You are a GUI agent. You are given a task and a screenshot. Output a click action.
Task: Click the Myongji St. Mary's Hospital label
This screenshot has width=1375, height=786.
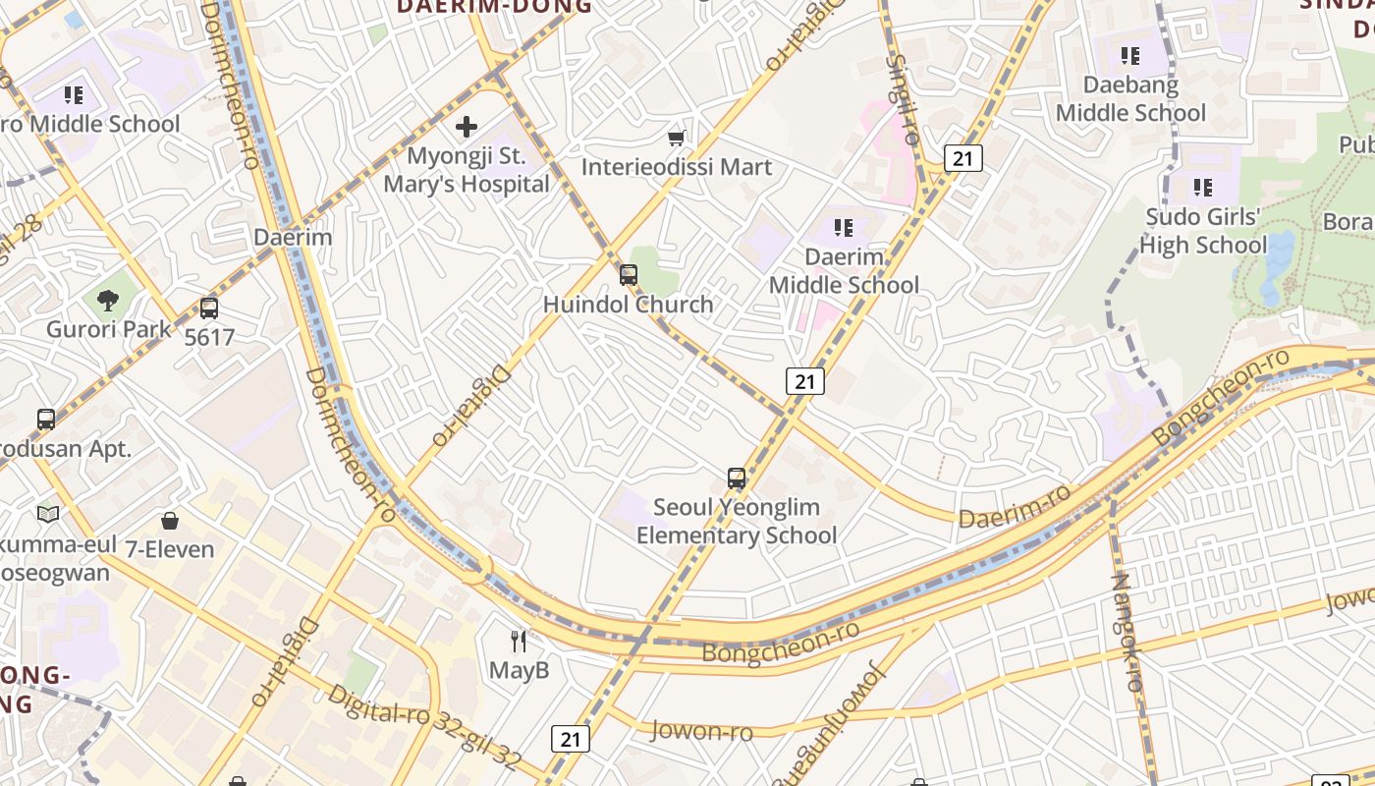467,170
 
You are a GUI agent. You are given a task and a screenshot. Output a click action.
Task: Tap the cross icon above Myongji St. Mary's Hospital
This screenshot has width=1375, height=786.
467,126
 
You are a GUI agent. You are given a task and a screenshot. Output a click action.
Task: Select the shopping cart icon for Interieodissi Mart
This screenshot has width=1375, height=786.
676,138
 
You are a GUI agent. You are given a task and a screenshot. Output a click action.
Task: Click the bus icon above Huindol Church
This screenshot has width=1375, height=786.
629,275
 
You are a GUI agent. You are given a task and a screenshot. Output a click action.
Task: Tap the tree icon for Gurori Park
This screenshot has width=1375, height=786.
108,301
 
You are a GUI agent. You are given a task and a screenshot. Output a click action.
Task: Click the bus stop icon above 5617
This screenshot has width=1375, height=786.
209,309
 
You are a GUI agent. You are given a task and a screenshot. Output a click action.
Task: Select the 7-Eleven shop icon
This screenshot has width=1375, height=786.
170,520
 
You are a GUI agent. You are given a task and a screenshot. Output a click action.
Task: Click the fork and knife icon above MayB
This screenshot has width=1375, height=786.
520,642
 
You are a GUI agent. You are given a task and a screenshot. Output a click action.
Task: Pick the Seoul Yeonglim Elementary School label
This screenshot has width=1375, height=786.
737,522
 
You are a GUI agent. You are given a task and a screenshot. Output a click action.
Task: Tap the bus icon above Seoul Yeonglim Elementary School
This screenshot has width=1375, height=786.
737,478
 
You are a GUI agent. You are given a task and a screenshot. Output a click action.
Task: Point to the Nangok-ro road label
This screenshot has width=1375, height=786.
1127,634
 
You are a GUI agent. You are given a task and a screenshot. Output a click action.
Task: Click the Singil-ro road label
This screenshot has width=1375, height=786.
903,98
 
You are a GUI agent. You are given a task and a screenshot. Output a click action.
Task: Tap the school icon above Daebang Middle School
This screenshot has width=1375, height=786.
1130,56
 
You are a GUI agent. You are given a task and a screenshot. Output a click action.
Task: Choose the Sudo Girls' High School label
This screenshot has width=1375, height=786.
1203,231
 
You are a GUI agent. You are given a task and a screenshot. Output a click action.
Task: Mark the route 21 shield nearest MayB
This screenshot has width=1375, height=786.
571,739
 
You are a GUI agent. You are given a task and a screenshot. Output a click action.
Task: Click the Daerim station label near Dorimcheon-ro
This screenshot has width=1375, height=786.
293,237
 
